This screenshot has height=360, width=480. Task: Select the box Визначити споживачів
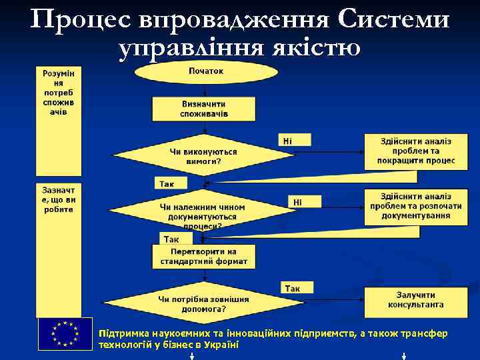[203, 109]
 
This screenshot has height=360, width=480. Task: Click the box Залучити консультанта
[415, 299]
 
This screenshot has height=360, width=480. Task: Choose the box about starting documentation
[415, 206]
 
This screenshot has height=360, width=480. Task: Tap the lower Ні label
[297, 201]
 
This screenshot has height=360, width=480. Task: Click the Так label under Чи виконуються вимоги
[165, 183]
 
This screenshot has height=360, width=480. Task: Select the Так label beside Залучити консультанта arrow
[293, 288]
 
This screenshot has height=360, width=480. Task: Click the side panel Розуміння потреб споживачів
[58, 93]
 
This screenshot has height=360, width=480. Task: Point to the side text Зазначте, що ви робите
[58, 199]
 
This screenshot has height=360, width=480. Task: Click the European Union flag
[65, 334]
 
